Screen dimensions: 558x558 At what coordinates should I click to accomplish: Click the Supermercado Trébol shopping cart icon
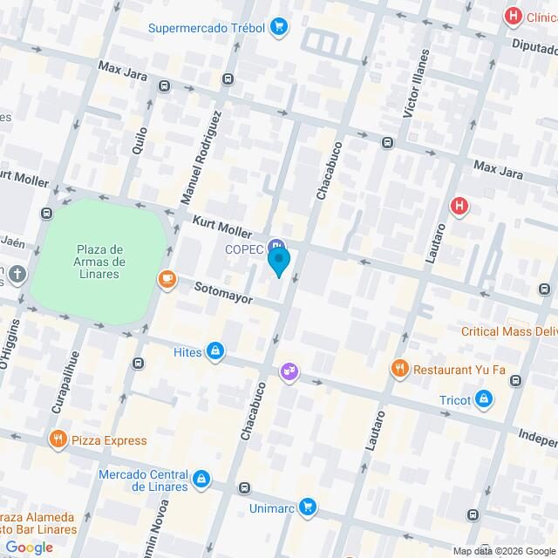pyautogui.click(x=279, y=27)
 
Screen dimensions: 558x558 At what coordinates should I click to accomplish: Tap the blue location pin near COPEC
pyautogui.click(x=278, y=261)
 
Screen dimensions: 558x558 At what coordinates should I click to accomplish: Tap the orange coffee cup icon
pyautogui.click(x=166, y=279)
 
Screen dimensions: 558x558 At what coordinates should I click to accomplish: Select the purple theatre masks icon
pyautogui.click(x=288, y=372)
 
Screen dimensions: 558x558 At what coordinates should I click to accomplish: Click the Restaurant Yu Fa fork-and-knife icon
pyautogui.click(x=400, y=369)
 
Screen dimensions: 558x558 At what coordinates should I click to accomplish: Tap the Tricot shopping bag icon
pyautogui.click(x=485, y=400)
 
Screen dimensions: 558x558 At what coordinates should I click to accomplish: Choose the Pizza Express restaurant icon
pyautogui.click(x=58, y=439)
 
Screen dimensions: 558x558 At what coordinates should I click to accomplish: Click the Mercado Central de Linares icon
pyautogui.click(x=201, y=479)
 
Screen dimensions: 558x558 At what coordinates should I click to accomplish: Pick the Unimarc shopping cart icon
pyautogui.click(x=307, y=506)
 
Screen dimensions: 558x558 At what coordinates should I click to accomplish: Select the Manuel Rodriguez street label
pyautogui.click(x=202, y=158)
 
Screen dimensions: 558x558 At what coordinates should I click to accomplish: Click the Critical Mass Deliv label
pyautogui.click(x=509, y=331)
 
